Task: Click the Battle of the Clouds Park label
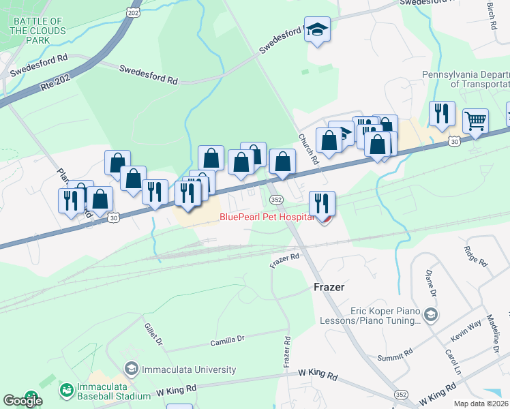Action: pos(38,31)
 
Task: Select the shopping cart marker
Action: pos(475,121)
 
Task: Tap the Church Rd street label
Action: pos(307,149)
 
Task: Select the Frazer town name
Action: pos(329,287)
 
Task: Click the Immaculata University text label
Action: pos(189,369)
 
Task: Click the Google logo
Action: pos(22,401)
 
